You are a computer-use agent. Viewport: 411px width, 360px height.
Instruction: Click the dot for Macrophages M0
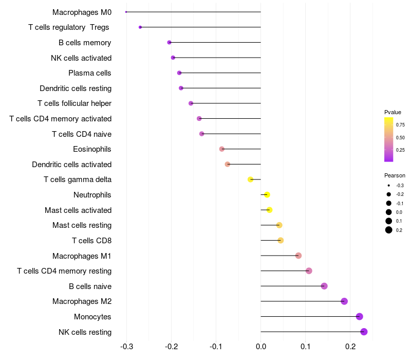point(126,12)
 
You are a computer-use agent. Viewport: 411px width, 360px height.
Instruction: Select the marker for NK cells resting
point(364,332)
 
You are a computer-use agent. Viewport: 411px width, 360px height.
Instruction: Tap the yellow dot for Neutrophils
point(267,195)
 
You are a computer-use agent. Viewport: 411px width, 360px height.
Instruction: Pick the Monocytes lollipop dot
point(359,316)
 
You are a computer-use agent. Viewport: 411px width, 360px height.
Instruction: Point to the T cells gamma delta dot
point(250,179)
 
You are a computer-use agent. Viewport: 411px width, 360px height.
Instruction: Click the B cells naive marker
point(324,286)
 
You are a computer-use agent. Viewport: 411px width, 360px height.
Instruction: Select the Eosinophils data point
point(221,149)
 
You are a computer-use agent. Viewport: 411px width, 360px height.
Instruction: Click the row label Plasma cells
point(90,73)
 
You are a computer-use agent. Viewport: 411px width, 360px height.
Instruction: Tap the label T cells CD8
point(91,240)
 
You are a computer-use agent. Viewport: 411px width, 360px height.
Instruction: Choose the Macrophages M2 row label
point(82,301)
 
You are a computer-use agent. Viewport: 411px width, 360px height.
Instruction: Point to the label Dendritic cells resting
point(76,88)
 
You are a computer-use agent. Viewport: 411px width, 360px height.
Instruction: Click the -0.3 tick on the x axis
point(126,348)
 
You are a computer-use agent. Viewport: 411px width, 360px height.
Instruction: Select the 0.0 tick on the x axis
point(260,348)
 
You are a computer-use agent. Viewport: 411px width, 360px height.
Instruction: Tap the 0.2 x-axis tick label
point(350,348)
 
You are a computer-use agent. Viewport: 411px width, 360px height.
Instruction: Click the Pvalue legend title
point(393,112)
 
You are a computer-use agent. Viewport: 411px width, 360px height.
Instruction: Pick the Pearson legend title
point(395,175)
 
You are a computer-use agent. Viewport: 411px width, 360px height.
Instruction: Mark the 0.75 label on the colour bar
point(400,124)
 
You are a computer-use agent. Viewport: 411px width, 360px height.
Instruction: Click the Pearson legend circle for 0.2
point(389,230)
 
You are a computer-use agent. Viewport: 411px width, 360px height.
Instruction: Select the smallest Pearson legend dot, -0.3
point(389,185)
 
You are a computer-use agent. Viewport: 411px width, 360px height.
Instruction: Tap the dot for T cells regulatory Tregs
point(140,27)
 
